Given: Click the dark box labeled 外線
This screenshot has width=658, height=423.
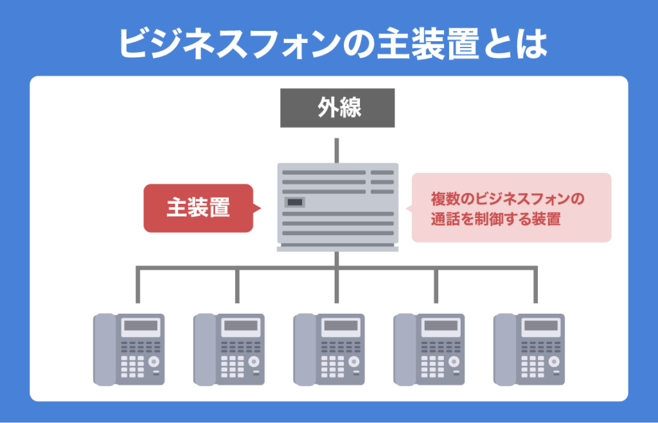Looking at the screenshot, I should tap(337, 108).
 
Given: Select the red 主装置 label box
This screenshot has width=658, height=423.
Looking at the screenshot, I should tap(198, 208).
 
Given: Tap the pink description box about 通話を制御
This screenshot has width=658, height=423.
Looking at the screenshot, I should tap(511, 208).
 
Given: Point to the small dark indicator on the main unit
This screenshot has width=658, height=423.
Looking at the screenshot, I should tap(294, 203).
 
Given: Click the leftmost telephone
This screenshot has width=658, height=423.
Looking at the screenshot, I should tap(129, 348).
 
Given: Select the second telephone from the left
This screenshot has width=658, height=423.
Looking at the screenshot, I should tap(229, 348).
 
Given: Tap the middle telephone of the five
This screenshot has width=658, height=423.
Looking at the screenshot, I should tap(329, 348).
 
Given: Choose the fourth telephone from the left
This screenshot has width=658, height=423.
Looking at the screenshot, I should tap(429, 348).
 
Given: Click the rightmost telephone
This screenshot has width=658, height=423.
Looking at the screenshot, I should tap(529, 348).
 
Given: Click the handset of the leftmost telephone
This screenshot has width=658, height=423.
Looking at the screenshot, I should tap(103, 348).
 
